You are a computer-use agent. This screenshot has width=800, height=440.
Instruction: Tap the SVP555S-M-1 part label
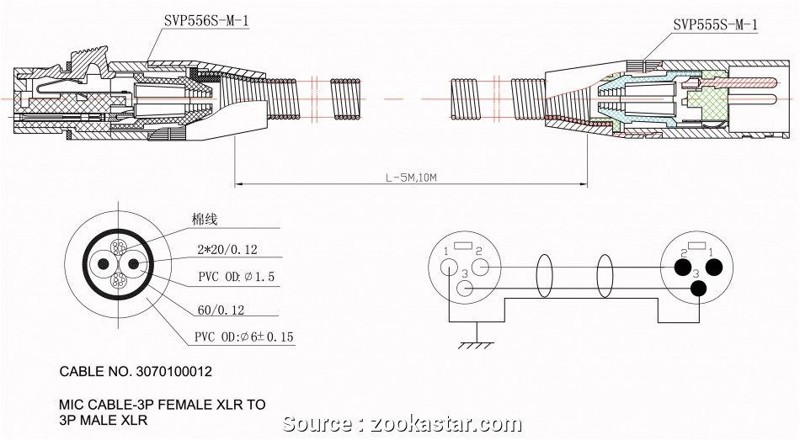(x=715, y=25)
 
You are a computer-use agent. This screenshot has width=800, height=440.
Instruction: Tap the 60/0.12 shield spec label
(x=221, y=310)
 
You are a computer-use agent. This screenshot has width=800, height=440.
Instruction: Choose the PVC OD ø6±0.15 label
(x=245, y=337)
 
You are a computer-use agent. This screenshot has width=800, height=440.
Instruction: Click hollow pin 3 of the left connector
(x=465, y=289)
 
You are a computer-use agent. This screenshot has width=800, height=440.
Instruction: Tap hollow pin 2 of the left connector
(x=481, y=268)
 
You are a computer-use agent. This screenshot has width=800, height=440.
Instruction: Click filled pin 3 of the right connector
(x=698, y=289)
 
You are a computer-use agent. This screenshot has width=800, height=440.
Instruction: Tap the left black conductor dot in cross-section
(x=104, y=263)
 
